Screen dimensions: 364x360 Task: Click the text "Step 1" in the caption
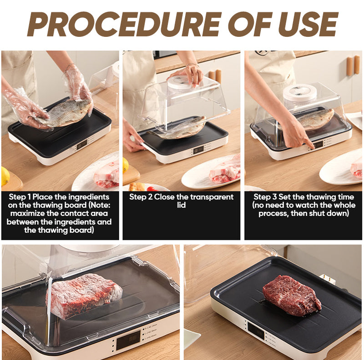[20, 197]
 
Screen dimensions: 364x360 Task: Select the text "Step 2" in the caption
[141, 197]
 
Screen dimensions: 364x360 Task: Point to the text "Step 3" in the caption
[265, 197]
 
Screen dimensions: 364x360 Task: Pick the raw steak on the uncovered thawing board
[292, 295]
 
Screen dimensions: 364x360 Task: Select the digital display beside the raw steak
[256, 330]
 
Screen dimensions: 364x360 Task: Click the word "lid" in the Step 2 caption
[181, 205]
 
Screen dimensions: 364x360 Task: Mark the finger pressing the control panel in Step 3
[310, 145]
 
